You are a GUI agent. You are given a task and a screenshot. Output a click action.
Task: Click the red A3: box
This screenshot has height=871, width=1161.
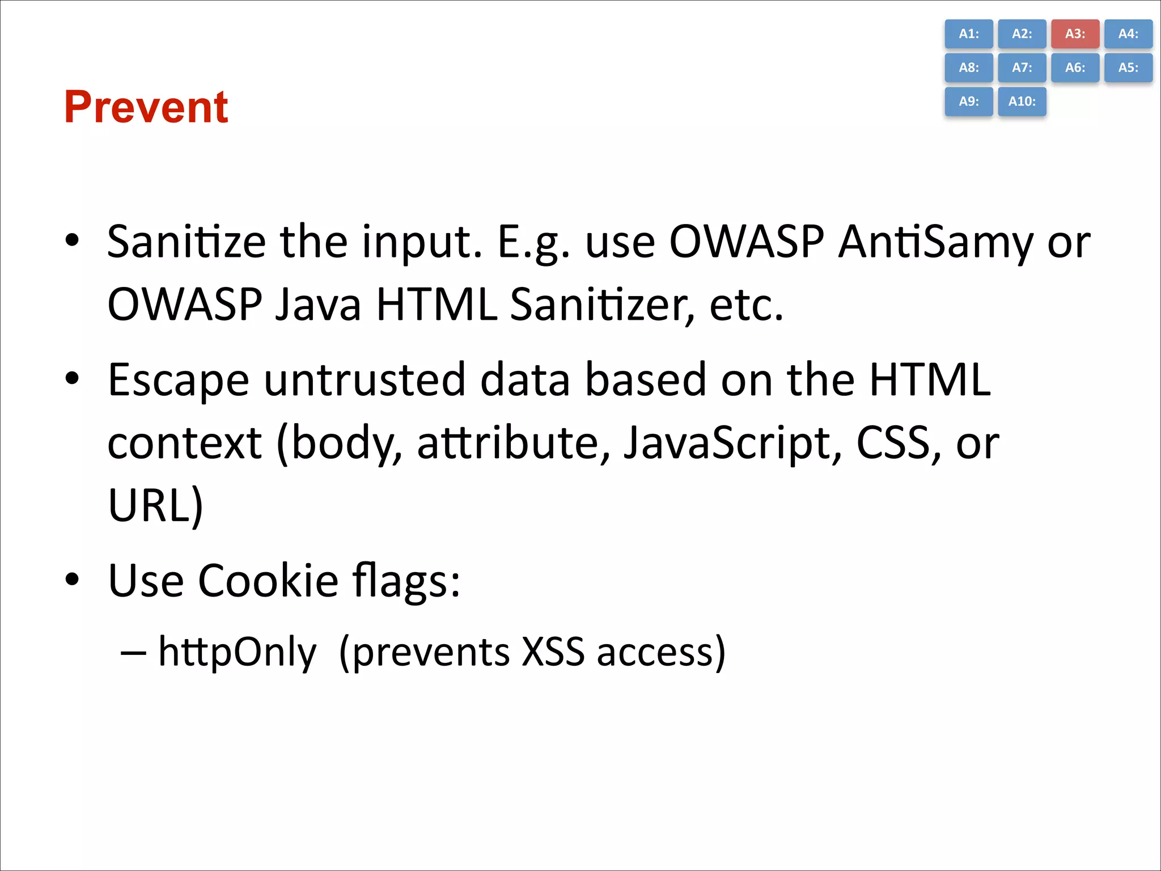click(1075, 34)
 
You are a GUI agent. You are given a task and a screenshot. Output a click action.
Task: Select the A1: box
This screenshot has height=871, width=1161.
click(969, 34)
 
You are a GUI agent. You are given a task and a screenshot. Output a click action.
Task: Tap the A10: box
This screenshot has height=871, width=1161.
click(1022, 102)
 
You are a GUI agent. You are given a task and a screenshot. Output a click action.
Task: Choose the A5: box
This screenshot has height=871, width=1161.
click(1128, 68)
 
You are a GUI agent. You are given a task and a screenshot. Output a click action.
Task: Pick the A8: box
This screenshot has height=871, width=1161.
click(969, 68)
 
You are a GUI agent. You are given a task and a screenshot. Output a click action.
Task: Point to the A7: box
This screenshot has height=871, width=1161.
click(1022, 68)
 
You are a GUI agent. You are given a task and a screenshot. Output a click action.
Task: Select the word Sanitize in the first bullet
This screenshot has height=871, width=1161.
click(187, 242)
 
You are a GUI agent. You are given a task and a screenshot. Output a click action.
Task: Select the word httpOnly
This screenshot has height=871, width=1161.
click(237, 652)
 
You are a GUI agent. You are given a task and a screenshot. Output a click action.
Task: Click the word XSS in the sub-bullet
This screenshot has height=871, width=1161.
click(553, 652)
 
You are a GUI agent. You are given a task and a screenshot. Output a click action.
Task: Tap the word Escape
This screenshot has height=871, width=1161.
click(178, 380)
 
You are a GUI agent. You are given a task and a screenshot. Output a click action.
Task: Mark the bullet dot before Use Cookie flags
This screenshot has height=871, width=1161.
click(72, 580)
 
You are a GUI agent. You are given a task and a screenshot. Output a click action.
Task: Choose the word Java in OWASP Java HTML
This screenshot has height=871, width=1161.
click(318, 305)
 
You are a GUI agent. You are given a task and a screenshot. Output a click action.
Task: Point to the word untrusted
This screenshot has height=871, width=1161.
click(365, 379)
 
